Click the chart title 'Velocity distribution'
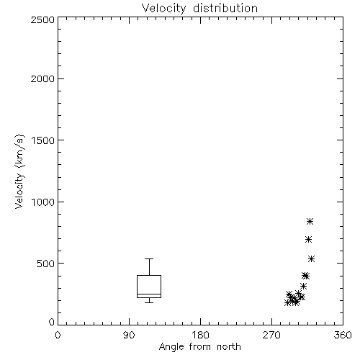[199, 9]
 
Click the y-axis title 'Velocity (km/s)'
[19, 171]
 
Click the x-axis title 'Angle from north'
[199, 347]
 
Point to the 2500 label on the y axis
[42, 19]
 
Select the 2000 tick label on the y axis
[42, 78]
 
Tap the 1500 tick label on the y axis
[43, 140]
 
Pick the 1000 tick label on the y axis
[43, 202]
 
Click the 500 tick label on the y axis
[46, 264]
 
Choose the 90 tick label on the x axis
[129, 335]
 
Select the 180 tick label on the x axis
[200, 335]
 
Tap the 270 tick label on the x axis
[271, 335]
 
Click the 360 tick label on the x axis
[343, 335]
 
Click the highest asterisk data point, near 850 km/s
[310, 221]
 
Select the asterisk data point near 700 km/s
[309, 239]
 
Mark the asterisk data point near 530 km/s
[312, 258]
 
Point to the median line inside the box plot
[149, 294]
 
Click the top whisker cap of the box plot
[149, 258]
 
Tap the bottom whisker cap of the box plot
[149, 302]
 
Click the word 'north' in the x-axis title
[229, 347]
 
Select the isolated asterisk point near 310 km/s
[304, 286]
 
